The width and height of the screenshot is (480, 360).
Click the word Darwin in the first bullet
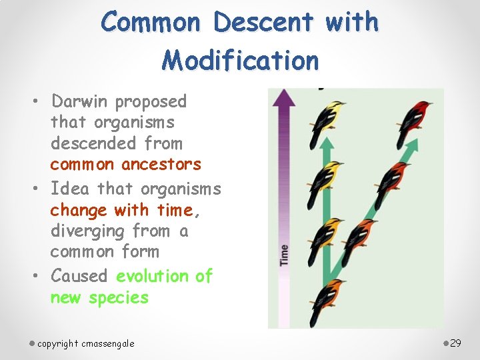click(x=81, y=102)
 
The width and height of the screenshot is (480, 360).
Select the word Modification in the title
click(x=240, y=61)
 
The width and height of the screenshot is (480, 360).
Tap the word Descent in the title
click(x=263, y=23)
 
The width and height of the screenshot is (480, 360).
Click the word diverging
click(x=91, y=231)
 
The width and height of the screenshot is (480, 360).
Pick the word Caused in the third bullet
click(x=79, y=275)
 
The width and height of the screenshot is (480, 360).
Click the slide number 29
click(x=456, y=343)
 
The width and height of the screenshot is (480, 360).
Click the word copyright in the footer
click(x=58, y=343)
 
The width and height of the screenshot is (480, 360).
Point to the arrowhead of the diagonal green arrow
click(x=413, y=143)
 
